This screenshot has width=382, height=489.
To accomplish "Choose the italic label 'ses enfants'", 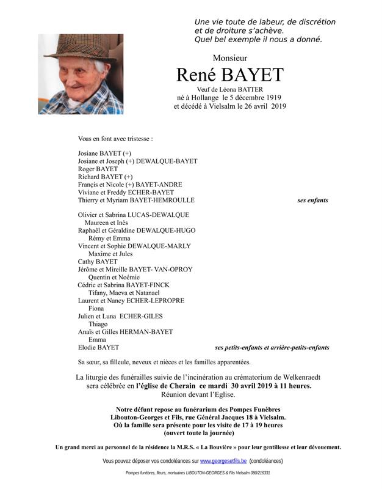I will [312, 200].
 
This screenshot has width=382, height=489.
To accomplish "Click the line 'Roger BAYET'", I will [98, 169].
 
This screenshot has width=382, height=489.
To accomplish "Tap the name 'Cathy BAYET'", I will [98, 262].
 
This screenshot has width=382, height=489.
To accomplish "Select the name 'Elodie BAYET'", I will [99, 347].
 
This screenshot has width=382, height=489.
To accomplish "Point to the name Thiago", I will [98, 324].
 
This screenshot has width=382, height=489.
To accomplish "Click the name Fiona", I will [96, 309].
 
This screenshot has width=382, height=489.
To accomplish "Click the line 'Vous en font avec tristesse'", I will [115, 139].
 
